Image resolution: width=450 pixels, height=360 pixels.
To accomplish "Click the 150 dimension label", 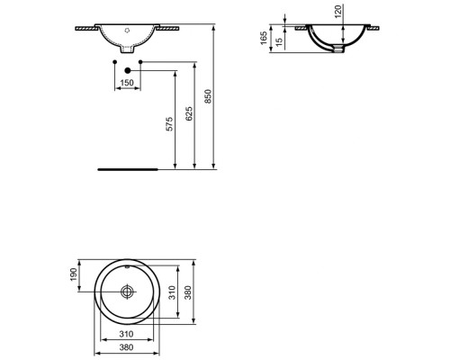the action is (x=127, y=83).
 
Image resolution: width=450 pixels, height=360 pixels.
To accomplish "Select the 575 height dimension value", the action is (x=169, y=124).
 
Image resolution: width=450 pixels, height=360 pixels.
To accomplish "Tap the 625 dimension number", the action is (x=189, y=113).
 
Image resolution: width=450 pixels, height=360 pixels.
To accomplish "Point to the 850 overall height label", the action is (x=208, y=96).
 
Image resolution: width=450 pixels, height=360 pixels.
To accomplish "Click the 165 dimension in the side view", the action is (x=264, y=38).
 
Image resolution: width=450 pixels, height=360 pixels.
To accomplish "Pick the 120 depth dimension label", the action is (x=338, y=12).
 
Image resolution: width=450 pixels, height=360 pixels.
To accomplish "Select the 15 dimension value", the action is (x=279, y=42).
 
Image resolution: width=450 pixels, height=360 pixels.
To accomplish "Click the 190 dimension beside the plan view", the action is (x=74, y=274).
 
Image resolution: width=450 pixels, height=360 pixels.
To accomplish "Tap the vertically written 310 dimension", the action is (x=172, y=292).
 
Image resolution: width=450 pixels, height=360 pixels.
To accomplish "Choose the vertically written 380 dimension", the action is (x=188, y=292).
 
